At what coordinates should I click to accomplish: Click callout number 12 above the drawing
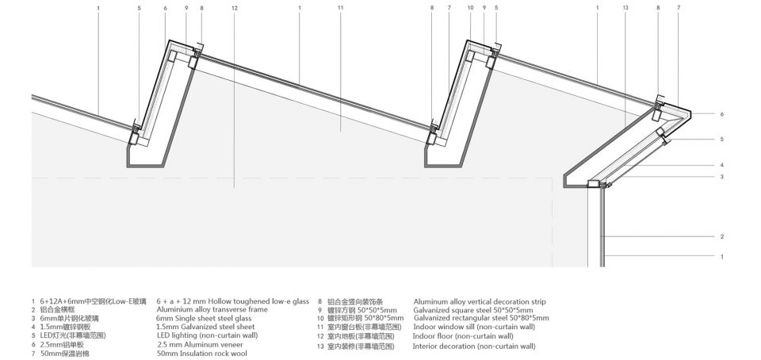[235, 8]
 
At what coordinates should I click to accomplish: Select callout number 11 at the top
[340, 8]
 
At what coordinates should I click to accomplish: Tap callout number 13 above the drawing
[625, 8]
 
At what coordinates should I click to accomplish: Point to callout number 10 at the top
[470, 8]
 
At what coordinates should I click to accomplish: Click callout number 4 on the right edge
[722, 165]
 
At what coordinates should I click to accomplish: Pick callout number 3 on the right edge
[722, 177]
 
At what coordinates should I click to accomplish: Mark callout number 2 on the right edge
[722, 236]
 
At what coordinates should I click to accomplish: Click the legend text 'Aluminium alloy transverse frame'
[212, 309]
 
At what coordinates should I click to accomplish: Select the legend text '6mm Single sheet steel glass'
[205, 318]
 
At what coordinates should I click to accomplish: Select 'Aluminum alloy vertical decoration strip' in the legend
[480, 301]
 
